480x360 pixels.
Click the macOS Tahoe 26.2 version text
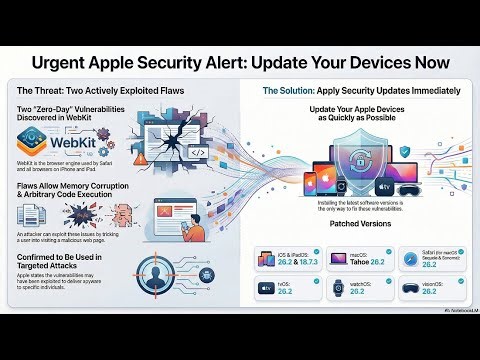(x=365, y=260)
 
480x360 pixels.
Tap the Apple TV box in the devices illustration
(x=413, y=185)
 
